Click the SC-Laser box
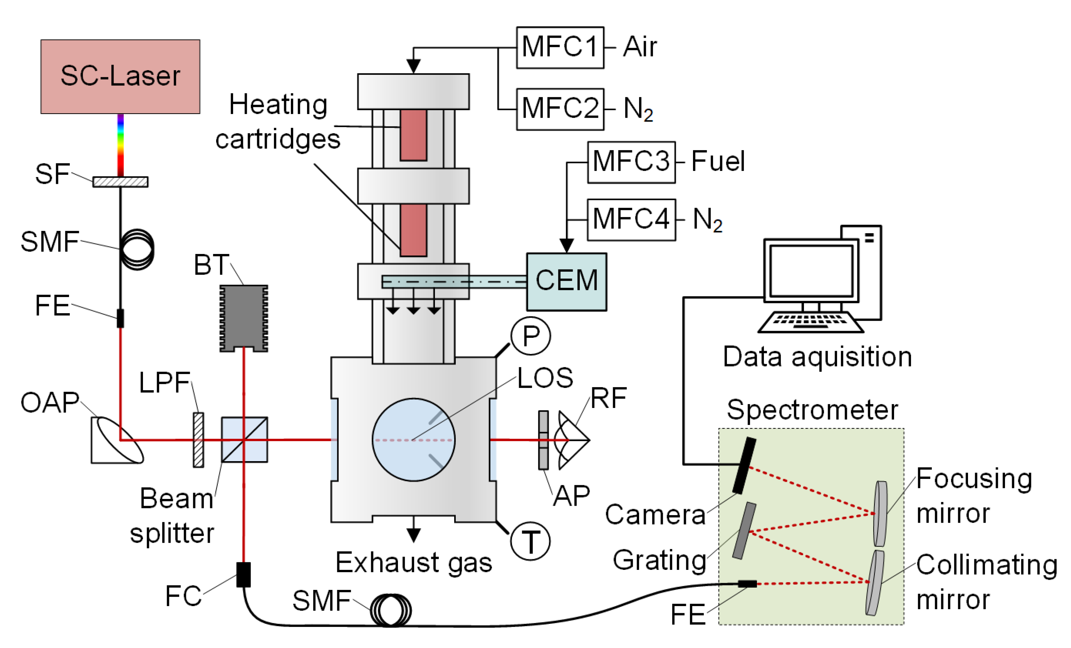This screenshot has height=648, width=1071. pyautogui.click(x=120, y=77)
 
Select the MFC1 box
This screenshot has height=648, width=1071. pyautogui.click(x=560, y=48)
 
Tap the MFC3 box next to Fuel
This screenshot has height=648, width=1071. pyautogui.click(x=631, y=162)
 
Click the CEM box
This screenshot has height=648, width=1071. pyautogui.click(x=566, y=282)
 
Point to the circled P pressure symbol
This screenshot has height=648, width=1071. pyautogui.click(x=530, y=336)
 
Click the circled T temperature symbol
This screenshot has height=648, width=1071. pyautogui.click(x=530, y=542)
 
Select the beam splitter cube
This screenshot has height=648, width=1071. pyautogui.click(x=244, y=440)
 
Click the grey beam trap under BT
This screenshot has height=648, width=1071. pyautogui.click(x=243, y=317)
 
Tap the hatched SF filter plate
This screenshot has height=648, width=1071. pyautogui.click(x=120, y=182)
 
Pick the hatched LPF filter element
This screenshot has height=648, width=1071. pyautogui.click(x=198, y=440)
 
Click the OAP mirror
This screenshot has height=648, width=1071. pyautogui.click(x=117, y=440)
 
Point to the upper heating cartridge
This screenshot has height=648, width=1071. pyautogui.click(x=413, y=135)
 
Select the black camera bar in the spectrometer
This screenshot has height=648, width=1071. pyautogui.click(x=744, y=465)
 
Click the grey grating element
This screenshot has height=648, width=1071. pyautogui.click(x=744, y=531)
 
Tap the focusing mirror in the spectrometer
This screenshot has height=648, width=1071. pyautogui.click(x=880, y=513)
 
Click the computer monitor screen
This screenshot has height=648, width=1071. pyautogui.click(x=811, y=271)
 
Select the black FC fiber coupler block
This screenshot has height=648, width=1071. pyautogui.click(x=243, y=574)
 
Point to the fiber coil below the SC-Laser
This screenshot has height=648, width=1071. pyautogui.click(x=137, y=249)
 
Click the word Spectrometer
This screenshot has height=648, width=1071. pyautogui.click(x=812, y=410)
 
